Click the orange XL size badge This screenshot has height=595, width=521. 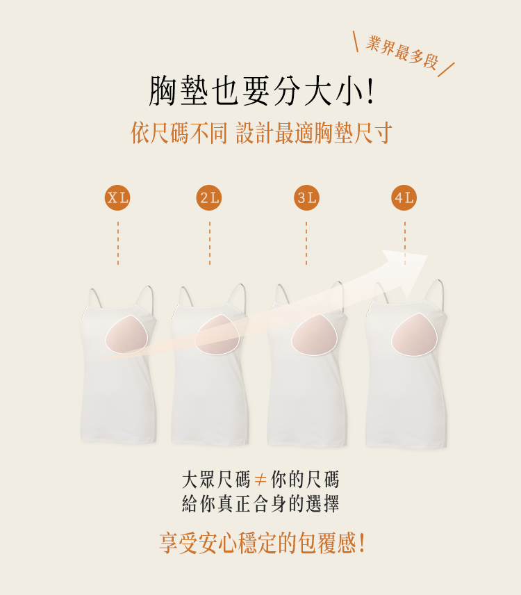tap(117, 197)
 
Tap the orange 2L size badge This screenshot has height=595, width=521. tap(209, 197)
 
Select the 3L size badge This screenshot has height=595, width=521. tap(306, 197)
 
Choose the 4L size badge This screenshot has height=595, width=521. tap(404, 197)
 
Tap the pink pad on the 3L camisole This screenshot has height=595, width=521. tap(315, 335)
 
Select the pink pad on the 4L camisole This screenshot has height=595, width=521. tap(415, 335)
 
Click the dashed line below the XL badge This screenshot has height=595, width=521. tap(118, 243)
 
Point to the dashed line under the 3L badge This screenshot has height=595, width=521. tap(306, 243)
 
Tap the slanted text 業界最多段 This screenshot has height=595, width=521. tap(402, 52)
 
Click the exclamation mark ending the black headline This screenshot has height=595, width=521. tap(370, 92)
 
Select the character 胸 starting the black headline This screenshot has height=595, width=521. tap(163, 91)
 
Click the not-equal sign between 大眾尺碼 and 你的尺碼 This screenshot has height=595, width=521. tap(260, 480)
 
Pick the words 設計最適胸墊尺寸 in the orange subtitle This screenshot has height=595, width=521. tap(314, 133)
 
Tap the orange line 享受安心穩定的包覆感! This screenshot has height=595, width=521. tap(262, 543)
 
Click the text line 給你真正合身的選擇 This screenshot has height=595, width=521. tap(260, 503)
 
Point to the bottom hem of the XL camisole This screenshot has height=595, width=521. tap(118, 441)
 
